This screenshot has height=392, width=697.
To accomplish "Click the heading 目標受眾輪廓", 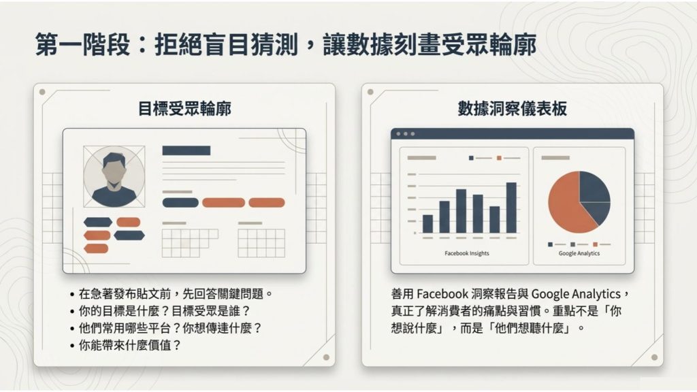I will point(184,109).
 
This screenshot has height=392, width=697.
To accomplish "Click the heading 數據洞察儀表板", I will point(512,109).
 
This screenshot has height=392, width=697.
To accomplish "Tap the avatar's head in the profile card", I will point(114,165).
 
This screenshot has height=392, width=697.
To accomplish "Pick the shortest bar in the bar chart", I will point(427,224).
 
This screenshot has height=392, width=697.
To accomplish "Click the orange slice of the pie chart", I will point(565,204).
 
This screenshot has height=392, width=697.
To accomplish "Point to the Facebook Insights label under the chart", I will point(466,253).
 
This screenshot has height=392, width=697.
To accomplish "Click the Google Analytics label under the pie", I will point(579,253).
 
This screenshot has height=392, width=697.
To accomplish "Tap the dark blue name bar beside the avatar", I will point(186,150).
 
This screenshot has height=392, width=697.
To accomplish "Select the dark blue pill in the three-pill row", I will point(180,202).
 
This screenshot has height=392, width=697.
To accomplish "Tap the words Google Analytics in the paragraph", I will point(575,294).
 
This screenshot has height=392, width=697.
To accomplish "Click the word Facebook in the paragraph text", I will point(442,294).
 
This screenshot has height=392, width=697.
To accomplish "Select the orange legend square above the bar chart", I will point(499,158).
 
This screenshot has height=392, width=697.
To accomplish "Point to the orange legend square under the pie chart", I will point(595,244).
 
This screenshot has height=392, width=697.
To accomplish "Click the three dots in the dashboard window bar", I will point(404,134).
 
